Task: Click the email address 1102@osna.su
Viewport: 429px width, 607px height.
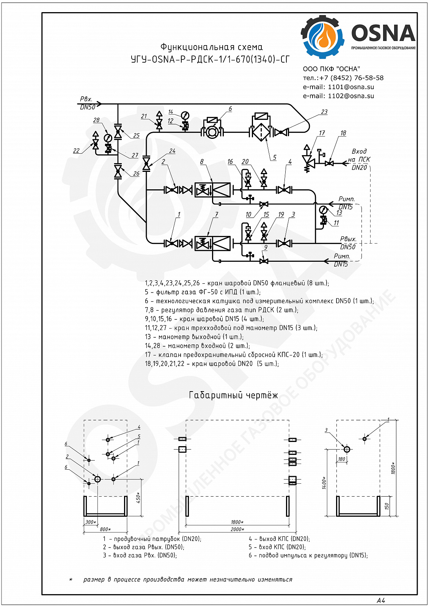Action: [x=351, y=96]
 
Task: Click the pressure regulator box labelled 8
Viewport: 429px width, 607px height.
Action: [x=213, y=190]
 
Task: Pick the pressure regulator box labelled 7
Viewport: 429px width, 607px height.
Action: [x=213, y=243]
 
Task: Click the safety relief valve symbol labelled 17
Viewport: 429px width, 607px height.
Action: [x=307, y=160]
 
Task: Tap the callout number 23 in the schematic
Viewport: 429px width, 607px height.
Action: [x=324, y=112]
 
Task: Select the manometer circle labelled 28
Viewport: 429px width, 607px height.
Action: [x=108, y=138]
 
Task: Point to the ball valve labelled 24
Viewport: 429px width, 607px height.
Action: [x=146, y=164]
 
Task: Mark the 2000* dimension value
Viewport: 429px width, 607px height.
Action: [x=238, y=529]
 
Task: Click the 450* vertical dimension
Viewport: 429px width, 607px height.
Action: [x=138, y=497]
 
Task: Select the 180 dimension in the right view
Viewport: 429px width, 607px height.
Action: [x=342, y=459]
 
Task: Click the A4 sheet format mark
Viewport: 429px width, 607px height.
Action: [x=381, y=601]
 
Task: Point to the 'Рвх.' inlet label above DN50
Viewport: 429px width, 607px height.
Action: [x=86, y=99]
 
